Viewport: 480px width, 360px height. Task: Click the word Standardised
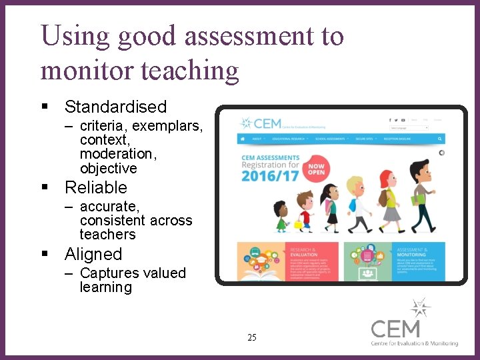tap(115, 107)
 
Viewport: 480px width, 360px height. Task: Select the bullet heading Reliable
tap(95, 187)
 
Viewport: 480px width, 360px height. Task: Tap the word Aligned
tap(93, 254)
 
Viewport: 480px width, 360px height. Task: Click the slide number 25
tap(251, 337)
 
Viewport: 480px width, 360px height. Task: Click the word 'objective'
tap(108, 168)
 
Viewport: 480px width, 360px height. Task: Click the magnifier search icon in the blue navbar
tap(440, 139)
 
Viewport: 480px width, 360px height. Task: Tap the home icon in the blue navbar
tap(242, 139)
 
